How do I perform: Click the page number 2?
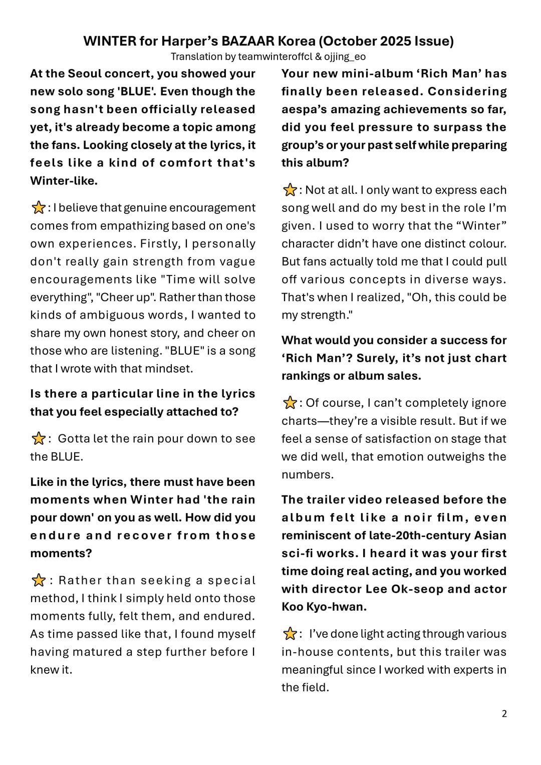tap(504, 713)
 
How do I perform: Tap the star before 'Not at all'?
tap(290, 190)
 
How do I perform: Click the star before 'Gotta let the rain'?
tap(38, 439)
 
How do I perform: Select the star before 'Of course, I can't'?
tap(290, 403)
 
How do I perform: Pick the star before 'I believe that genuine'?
tap(38, 207)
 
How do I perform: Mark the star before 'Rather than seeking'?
tap(38, 581)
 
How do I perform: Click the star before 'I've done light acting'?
tap(290, 634)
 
